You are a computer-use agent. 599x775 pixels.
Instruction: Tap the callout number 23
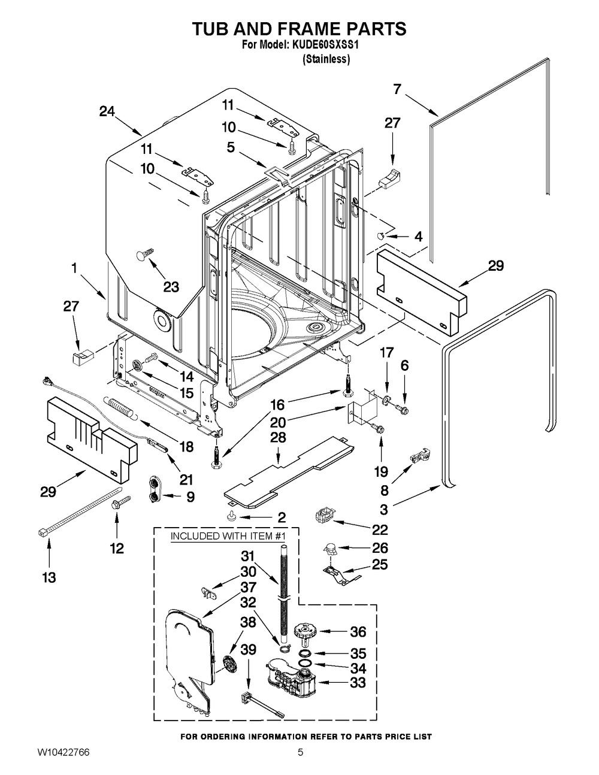[171, 286]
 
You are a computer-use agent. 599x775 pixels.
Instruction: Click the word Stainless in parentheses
[326, 59]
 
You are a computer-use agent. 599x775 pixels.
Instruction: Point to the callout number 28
[278, 437]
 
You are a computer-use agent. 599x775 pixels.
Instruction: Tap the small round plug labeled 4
[381, 235]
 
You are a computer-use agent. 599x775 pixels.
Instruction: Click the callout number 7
[397, 89]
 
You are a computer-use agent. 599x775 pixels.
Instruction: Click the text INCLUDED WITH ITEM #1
[228, 536]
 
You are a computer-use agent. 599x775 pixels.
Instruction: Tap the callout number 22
[380, 529]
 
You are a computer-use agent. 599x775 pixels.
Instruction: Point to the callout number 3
[383, 509]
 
